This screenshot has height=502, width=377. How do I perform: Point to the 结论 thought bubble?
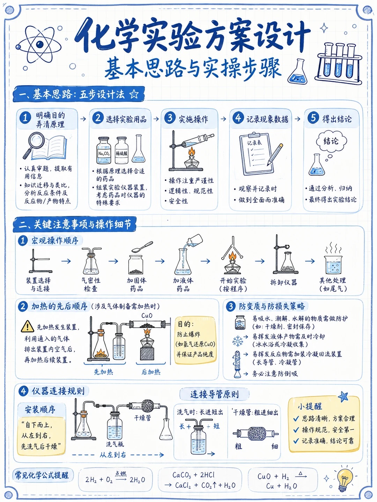[x=331, y=141]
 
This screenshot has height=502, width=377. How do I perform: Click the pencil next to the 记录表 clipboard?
[x=275, y=154]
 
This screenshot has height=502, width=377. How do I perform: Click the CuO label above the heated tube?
[x=147, y=315]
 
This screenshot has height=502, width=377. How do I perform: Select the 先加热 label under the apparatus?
[x=103, y=372]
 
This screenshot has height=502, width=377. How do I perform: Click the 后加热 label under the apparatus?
[x=151, y=372]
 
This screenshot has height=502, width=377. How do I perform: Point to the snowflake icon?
[x=238, y=341]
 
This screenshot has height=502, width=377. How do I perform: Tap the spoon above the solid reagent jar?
[x=142, y=246]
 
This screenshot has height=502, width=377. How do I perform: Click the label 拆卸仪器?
[x=283, y=282]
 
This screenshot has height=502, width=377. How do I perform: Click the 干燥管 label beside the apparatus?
[x=143, y=418]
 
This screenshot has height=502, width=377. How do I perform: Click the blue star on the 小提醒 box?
[x=343, y=396]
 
